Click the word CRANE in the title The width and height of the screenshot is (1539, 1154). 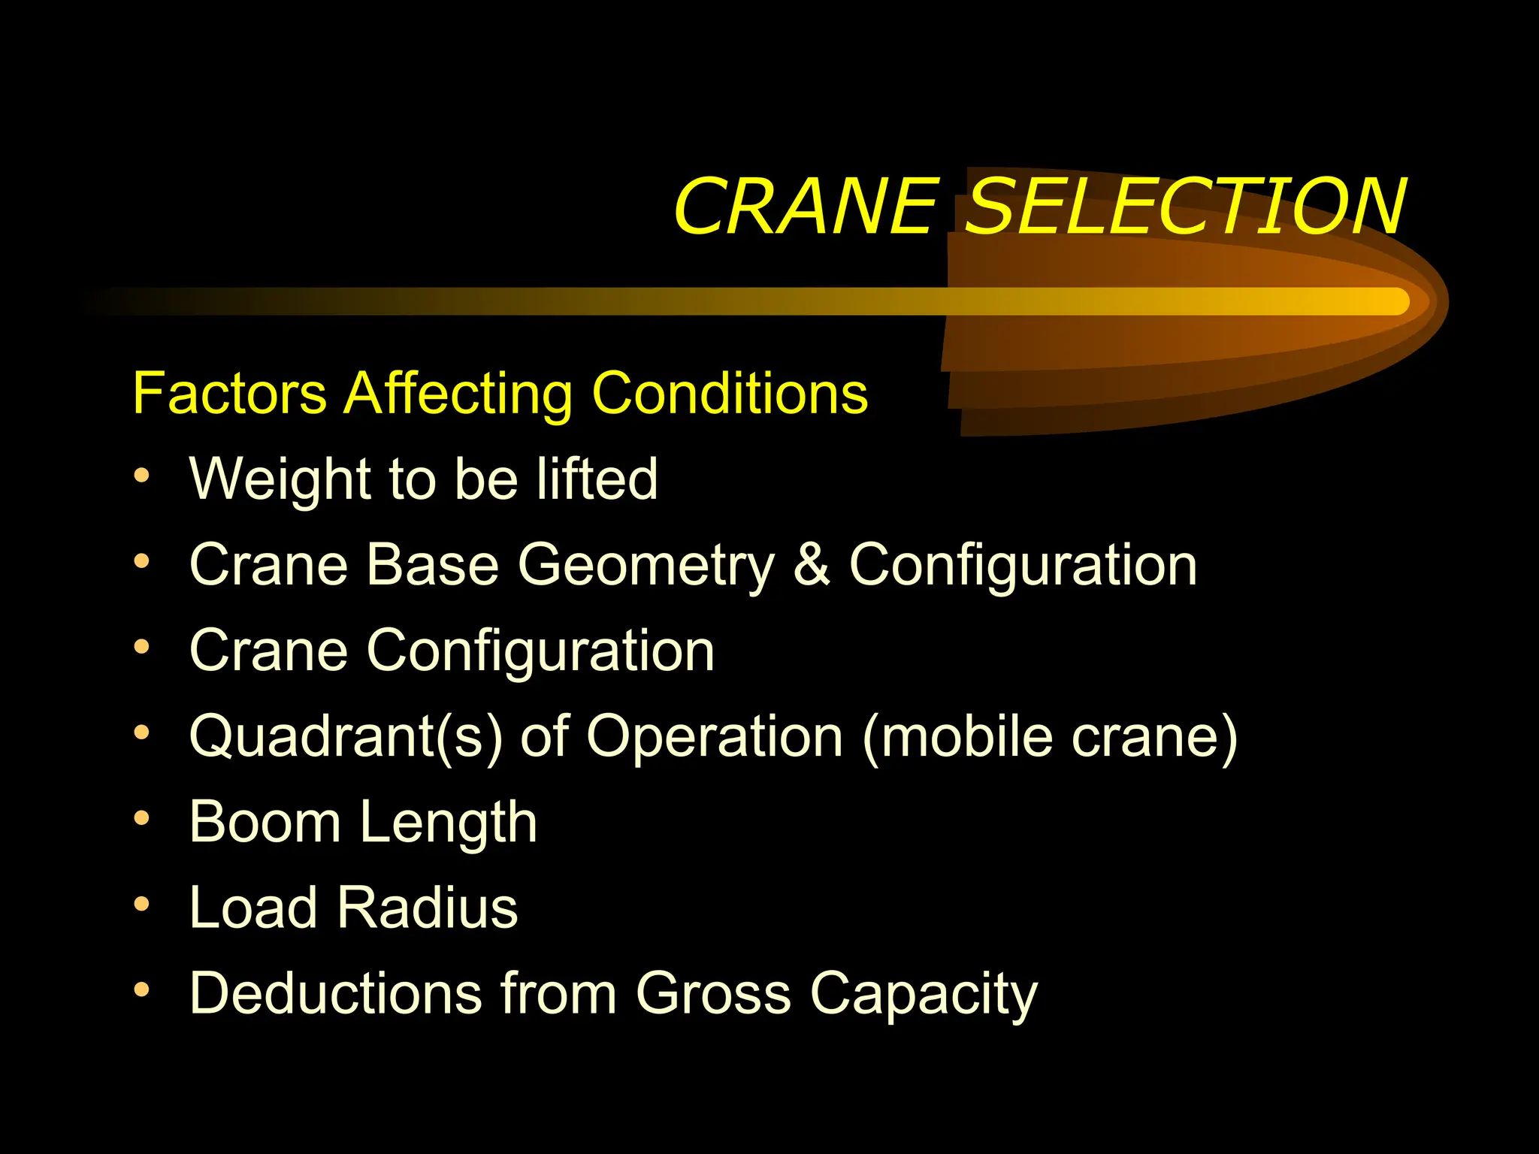point(806,206)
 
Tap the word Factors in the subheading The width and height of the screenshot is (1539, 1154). point(229,393)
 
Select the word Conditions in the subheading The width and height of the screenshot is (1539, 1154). point(730,393)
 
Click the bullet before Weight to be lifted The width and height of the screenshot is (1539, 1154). point(141,476)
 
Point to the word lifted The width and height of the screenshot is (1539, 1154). point(597,479)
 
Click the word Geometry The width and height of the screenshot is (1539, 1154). point(646,565)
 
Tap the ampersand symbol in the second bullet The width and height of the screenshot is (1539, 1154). point(812,565)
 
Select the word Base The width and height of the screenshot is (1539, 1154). point(433,565)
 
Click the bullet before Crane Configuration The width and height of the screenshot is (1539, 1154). point(141,647)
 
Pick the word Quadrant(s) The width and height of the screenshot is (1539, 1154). point(346,736)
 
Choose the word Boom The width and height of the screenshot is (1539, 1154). point(265,822)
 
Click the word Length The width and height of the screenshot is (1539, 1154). point(449,822)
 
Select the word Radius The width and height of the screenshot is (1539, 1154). point(427,908)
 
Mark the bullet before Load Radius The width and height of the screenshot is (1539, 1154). point(141,905)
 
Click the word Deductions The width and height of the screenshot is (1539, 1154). point(335,993)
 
